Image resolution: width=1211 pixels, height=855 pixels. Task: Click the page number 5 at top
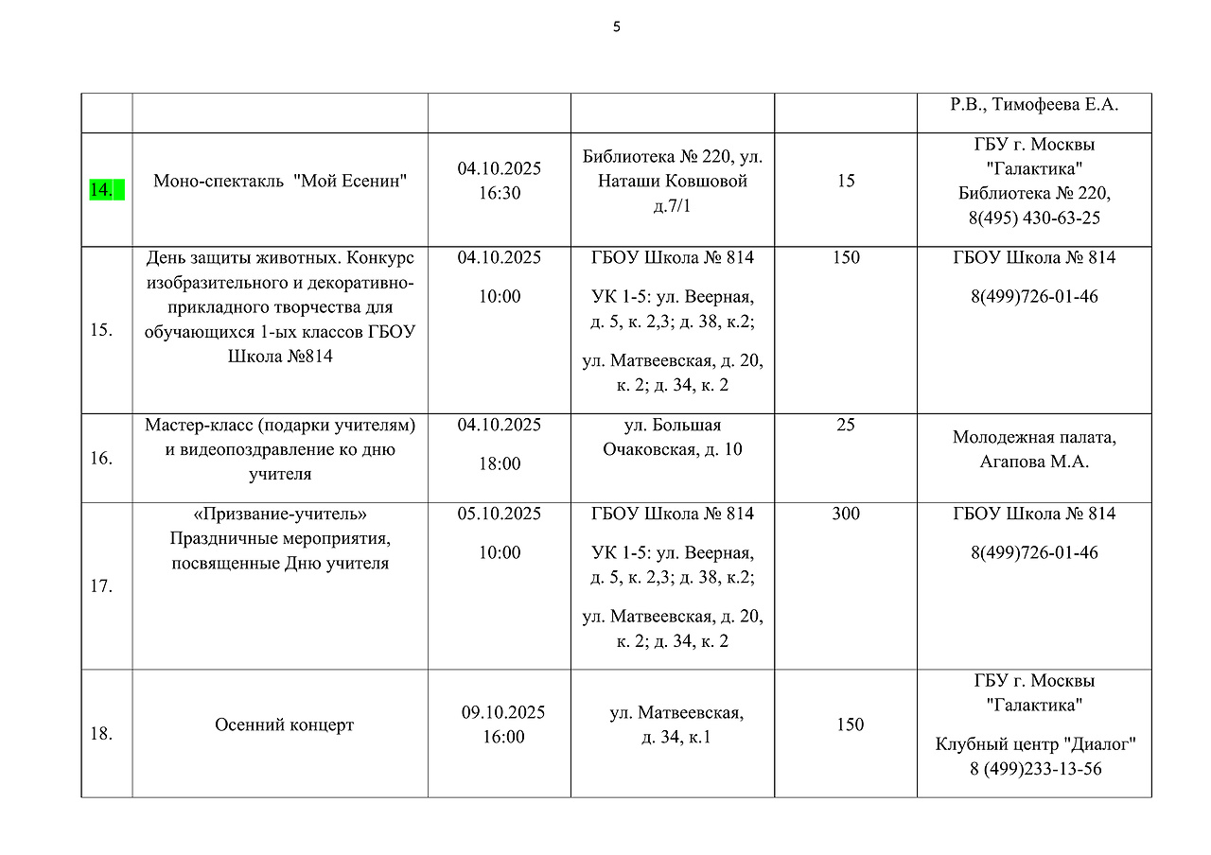[x=617, y=27]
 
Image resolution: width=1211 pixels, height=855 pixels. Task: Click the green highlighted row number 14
[x=101, y=190]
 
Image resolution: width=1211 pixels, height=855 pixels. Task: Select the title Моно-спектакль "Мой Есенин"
[x=280, y=181]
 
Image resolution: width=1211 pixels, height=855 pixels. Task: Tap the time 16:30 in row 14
[x=500, y=193]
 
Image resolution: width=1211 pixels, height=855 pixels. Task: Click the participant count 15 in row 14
[x=846, y=181]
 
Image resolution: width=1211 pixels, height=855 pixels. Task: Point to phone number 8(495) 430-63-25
[x=1034, y=218]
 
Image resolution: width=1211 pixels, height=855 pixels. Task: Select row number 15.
[x=101, y=330]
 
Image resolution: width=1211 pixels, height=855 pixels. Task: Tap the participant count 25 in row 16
[x=846, y=426]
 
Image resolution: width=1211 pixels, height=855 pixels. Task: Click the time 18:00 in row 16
[x=500, y=463]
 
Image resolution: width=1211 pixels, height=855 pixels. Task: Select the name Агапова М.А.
[x=1034, y=462]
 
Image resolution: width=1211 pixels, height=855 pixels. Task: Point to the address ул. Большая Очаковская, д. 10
[x=673, y=438]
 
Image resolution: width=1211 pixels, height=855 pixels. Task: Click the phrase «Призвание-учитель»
[x=280, y=514]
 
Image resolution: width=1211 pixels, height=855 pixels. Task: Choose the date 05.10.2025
[x=500, y=514]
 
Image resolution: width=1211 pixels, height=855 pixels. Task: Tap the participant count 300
[x=846, y=514]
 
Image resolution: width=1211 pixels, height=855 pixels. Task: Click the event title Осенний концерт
[x=285, y=725]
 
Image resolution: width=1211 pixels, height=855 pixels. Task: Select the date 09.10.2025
[x=503, y=712]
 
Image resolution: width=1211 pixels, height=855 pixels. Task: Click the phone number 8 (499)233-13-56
[x=1035, y=769]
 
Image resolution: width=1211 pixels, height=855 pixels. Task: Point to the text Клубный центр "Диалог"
[x=1035, y=744]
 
